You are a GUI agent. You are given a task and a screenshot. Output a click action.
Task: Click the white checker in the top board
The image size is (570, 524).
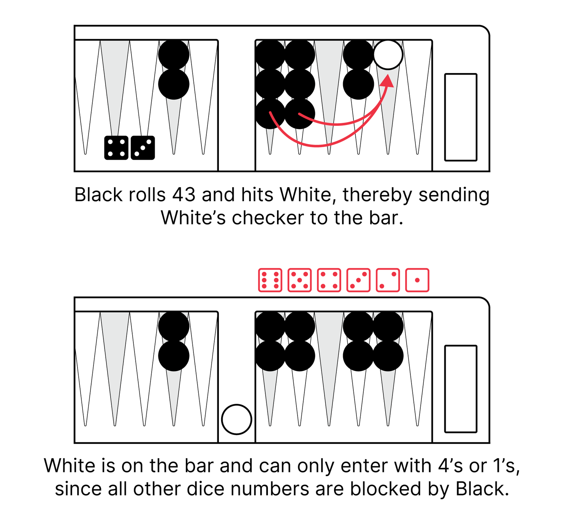388,55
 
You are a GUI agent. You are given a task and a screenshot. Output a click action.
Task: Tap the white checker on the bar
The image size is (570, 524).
236,419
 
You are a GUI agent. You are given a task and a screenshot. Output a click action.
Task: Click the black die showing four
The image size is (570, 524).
116,148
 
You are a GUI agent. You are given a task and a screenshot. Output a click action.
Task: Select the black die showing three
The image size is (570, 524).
143,148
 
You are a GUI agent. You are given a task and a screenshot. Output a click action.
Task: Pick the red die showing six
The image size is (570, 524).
270,280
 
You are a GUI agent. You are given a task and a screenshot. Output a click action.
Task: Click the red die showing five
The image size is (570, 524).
299,280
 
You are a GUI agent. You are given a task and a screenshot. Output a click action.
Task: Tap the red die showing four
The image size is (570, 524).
329,280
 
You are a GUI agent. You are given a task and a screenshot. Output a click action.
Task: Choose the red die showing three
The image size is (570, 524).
358,280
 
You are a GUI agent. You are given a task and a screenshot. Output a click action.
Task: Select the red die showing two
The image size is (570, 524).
388,280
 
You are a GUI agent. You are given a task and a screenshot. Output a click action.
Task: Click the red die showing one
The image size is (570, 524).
417,280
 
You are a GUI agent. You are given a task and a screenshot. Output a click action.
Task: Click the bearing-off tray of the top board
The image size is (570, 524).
461,117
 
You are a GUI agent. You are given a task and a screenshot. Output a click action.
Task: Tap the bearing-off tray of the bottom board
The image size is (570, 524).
461,389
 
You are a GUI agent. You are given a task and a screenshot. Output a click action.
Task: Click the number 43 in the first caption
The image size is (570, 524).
184,195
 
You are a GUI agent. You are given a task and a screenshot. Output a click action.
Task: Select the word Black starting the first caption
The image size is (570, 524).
98,195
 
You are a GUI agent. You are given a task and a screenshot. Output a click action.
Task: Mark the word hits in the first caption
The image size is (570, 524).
258,195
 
